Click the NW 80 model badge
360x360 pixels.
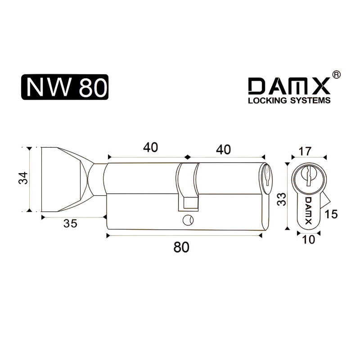tap(65, 87)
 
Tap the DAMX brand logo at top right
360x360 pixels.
tap(289, 86)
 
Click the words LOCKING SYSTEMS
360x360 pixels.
tap(289, 100)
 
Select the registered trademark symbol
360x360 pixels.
tap(337, 75)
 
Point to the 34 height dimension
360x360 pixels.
tap(23, 178)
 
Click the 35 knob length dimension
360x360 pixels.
tap(70, 223)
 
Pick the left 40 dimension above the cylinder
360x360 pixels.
tap(150, 148)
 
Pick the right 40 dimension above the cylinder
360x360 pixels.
tap(223, 149)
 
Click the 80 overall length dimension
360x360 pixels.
tap(181, 247)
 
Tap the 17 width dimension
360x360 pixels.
tap(305, 151)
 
